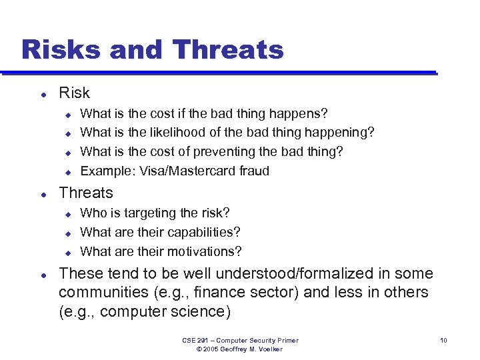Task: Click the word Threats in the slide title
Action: pos(228,49)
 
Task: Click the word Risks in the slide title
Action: pos(59,49)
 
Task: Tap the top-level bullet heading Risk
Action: pos(74,93)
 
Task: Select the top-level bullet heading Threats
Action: pos(86,193)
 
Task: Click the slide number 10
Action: pos(443,341)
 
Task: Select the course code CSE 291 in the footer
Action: pos(194,341)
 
